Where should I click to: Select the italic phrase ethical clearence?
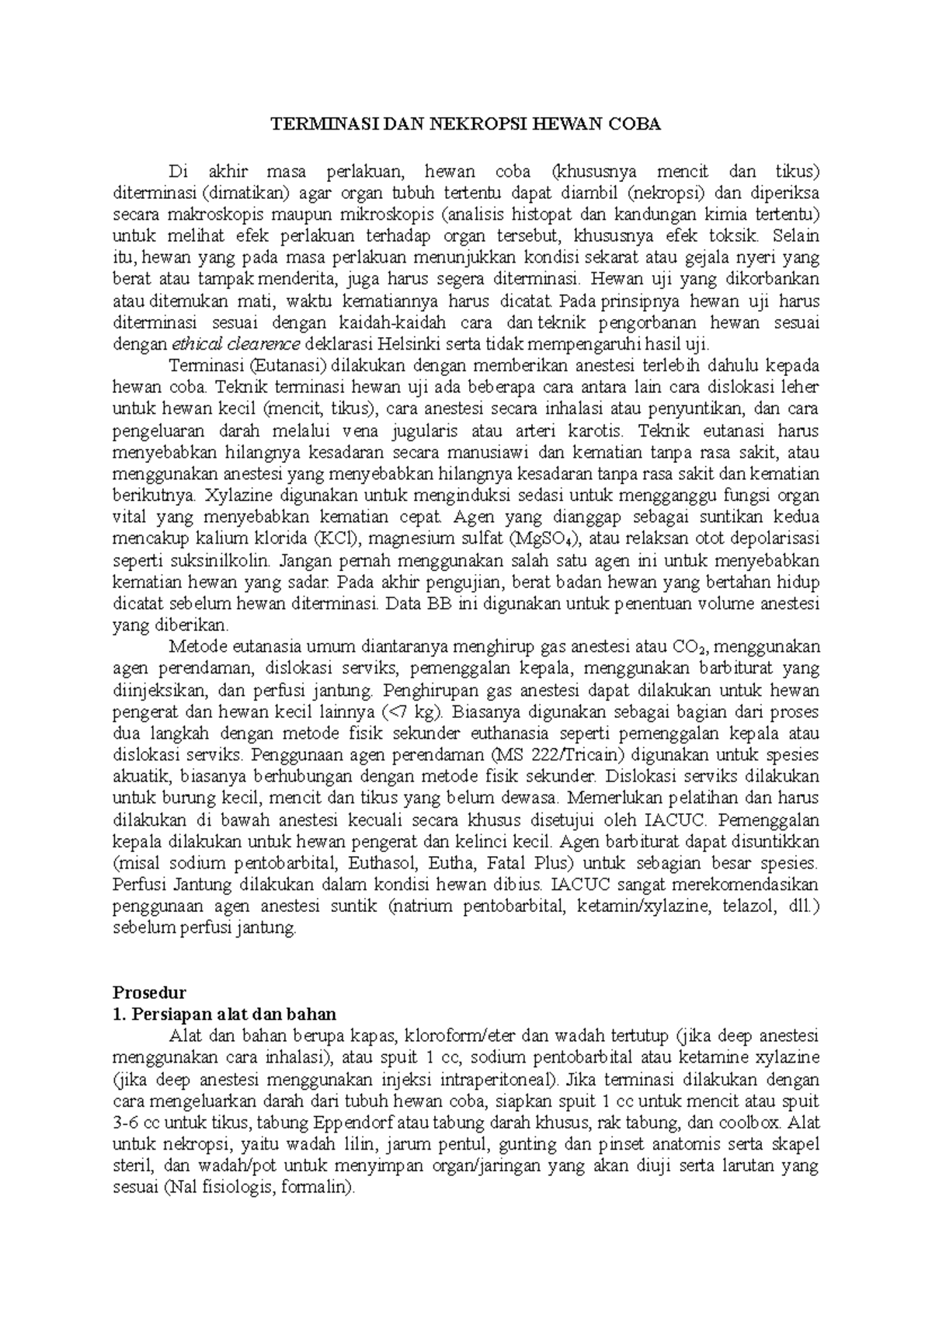[237, 345]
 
